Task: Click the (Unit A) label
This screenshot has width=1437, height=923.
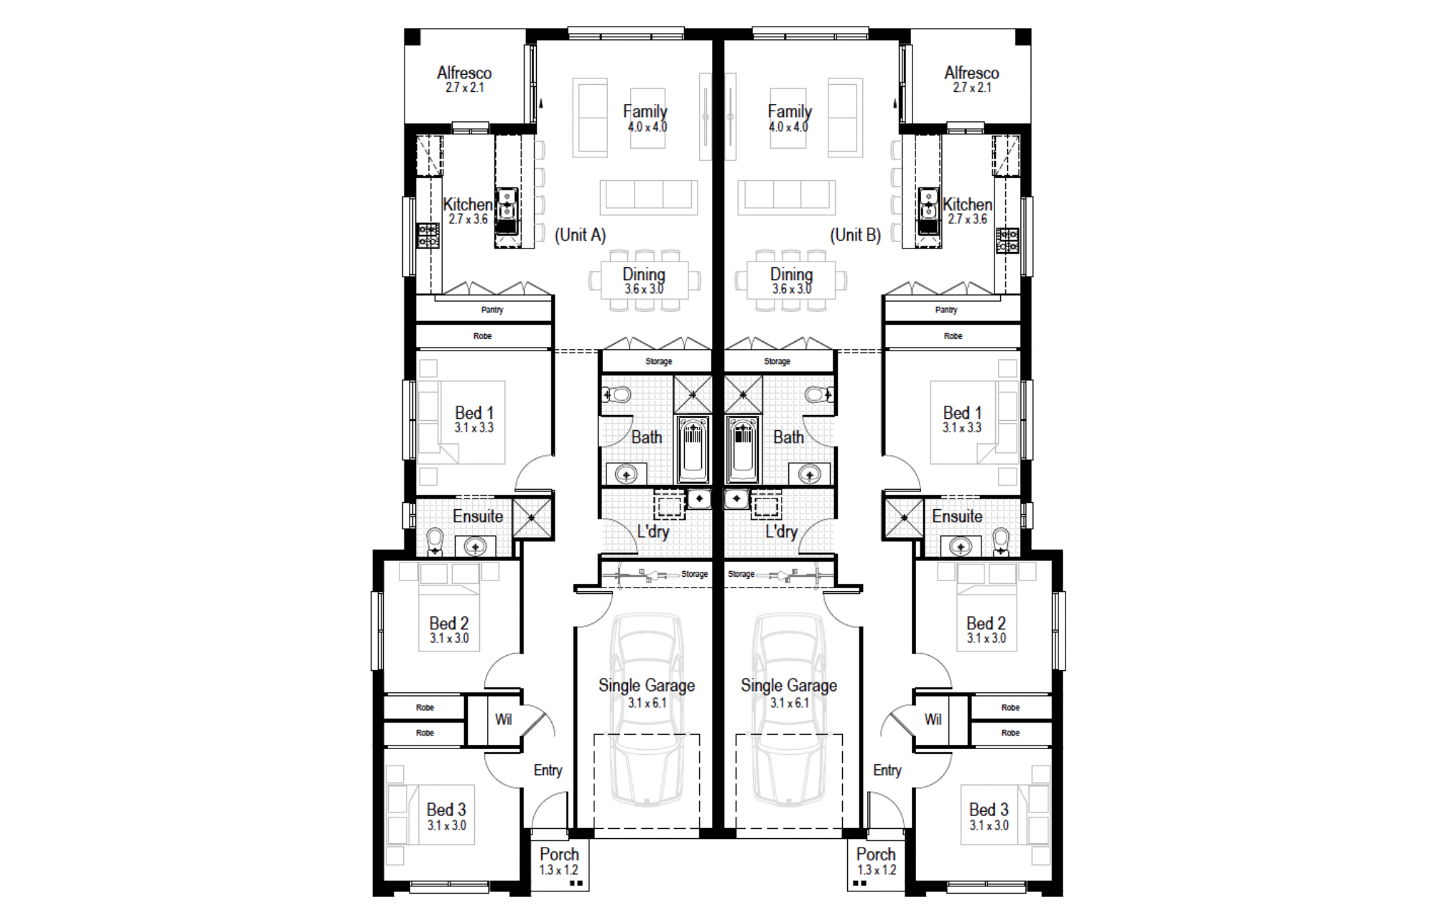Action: click(x=581, y=235)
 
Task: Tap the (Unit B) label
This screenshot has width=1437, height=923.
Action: click(x=855, y=235)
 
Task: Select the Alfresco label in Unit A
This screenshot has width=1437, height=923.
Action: click(x=464, y=73)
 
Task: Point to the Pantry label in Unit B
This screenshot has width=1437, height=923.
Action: click(x=946, y=310)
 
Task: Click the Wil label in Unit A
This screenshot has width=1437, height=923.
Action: click(x=503, y=719)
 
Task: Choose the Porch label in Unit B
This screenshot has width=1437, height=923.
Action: click(x=876, y=854)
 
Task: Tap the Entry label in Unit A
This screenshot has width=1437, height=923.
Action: click(x=547, y=771)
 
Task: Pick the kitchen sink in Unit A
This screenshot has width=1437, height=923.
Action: click(x=507, y=210)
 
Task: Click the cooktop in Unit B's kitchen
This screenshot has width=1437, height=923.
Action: click(x=1007, y=240)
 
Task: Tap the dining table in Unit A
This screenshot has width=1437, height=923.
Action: click(x=644, y=280)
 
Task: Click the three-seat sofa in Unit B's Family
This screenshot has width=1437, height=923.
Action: click(x=787, y=198)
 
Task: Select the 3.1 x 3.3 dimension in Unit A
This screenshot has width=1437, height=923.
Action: click(x=473, y=428)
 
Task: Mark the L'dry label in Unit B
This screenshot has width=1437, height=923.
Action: click(x=781, y=532)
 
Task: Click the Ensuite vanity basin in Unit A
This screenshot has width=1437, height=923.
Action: click(x=475, y=547)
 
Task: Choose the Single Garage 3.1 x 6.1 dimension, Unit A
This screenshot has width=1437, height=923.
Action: click(x=647, y=703)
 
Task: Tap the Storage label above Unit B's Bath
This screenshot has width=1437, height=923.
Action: click(x=777, y=361)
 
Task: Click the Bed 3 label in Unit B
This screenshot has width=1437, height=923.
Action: click(x=989, y=810)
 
